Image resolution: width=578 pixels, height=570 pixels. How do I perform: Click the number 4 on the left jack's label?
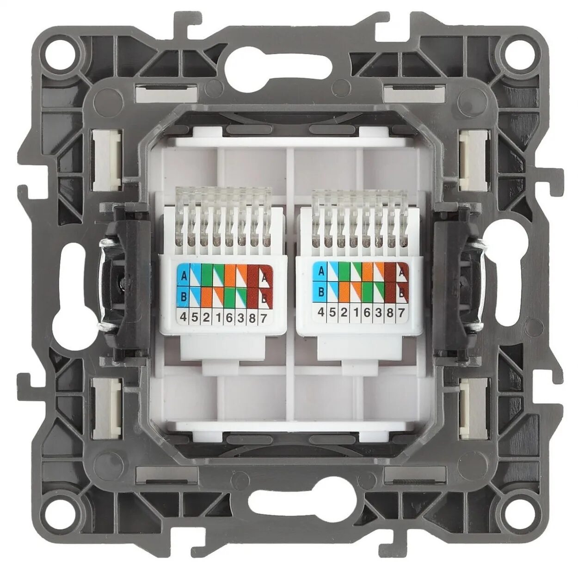click(x=183, y=317)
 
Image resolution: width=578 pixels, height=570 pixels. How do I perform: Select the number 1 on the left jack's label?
click(x=217, y=318)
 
